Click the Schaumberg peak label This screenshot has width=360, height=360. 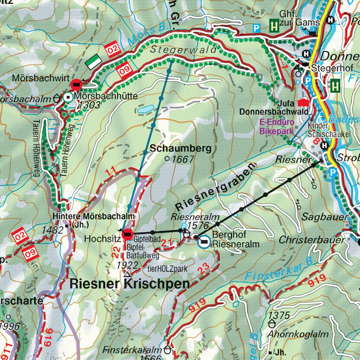181,148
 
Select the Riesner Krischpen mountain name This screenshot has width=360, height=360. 130,284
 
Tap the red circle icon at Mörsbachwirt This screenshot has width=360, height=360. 76,85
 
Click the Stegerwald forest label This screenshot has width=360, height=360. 184,50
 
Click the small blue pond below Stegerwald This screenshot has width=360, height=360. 145,109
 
